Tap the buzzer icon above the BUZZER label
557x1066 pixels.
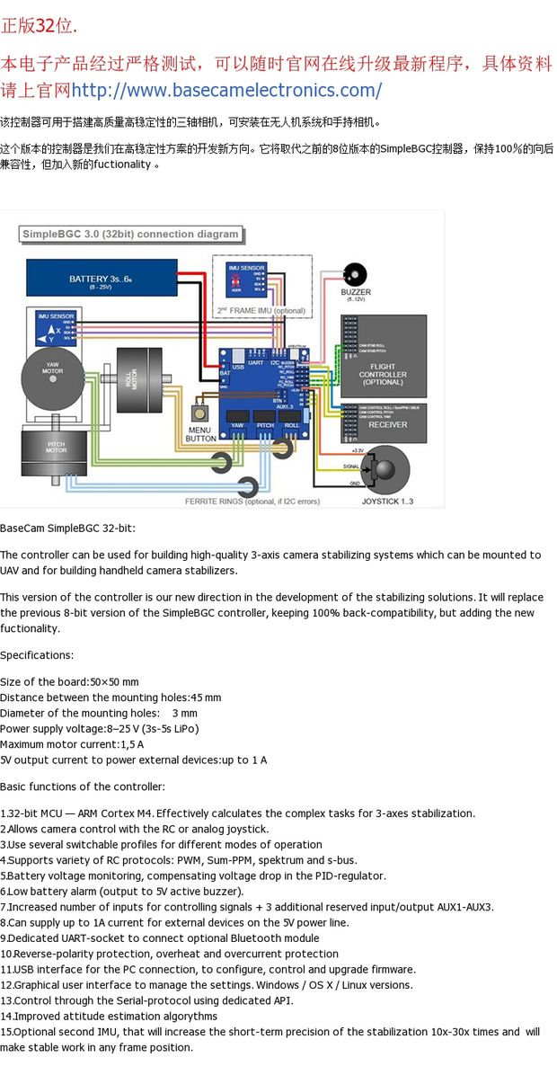(356, 274)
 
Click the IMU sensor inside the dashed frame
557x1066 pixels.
(246, 278)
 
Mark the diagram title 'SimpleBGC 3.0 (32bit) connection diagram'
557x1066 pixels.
(130, 235)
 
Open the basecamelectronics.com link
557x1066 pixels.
(225, 90)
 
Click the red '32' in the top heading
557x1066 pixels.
(46, 25)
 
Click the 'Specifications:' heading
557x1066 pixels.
(37, 655)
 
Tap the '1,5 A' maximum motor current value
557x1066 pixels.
(131, 744)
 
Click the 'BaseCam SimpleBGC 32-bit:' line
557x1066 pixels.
(67, 528)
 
